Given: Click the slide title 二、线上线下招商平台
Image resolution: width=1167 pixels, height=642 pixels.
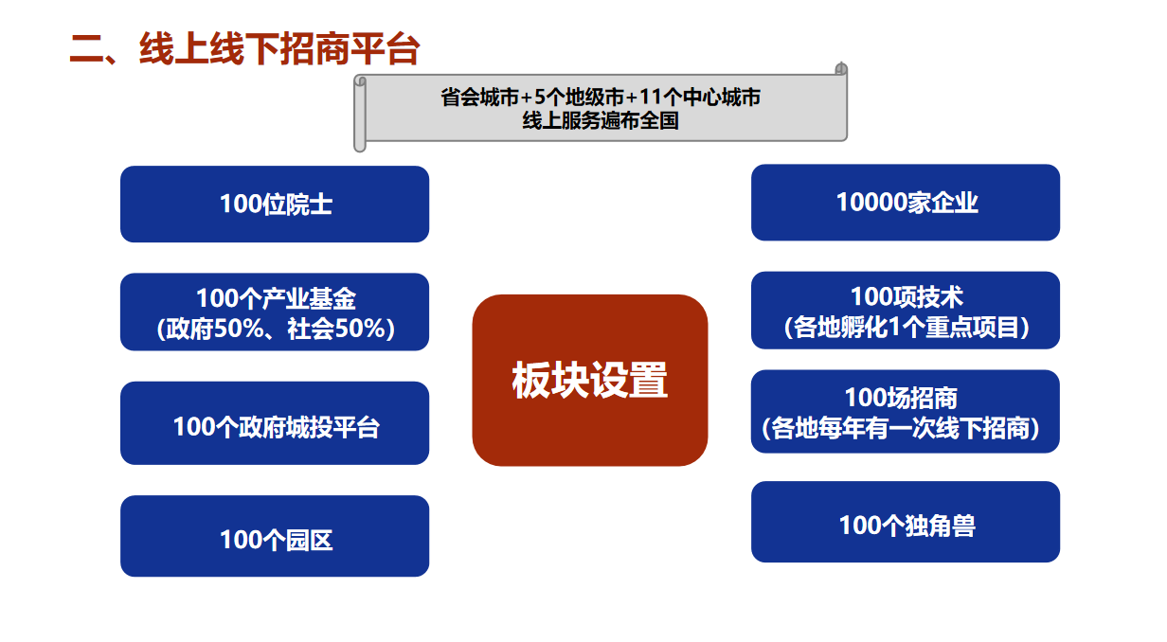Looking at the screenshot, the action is (x=244, y=49).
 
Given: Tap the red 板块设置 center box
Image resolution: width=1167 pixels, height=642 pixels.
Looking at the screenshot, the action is (x=590, y=380).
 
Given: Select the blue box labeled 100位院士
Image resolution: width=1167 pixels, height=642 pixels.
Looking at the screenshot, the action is (x=275, y=205).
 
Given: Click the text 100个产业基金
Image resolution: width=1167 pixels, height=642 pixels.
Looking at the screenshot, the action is (x=277, y=298).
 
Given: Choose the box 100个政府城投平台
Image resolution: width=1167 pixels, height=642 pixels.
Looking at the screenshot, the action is (x=275, y=423).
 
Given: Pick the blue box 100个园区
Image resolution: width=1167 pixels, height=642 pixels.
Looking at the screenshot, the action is (x=275, y=536).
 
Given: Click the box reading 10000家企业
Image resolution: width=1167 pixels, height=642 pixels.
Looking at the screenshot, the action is (x=906, y=203).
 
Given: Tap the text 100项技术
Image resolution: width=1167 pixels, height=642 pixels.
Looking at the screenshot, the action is (x=907, y=296).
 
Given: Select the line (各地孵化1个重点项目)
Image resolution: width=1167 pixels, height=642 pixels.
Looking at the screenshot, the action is (x=907, y=328).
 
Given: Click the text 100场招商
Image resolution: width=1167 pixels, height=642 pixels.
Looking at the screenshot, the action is (x=902, y=398).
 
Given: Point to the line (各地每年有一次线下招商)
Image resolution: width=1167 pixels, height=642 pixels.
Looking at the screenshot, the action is (x=901, y=429).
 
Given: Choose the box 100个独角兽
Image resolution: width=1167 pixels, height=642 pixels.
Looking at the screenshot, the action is (x=906, y=522).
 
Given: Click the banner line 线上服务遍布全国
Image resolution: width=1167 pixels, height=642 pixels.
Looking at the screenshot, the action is (x=601, y=121).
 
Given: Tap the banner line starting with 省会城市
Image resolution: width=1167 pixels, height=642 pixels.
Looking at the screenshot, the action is (x=601, y=98).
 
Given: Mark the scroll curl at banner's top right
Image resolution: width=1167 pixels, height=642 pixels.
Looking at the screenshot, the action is (x=841, y=68).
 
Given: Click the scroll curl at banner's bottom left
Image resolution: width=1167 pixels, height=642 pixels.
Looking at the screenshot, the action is (x=360, y=146).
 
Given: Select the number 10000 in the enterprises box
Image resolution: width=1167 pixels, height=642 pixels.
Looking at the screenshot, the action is (x=872, y=203).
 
